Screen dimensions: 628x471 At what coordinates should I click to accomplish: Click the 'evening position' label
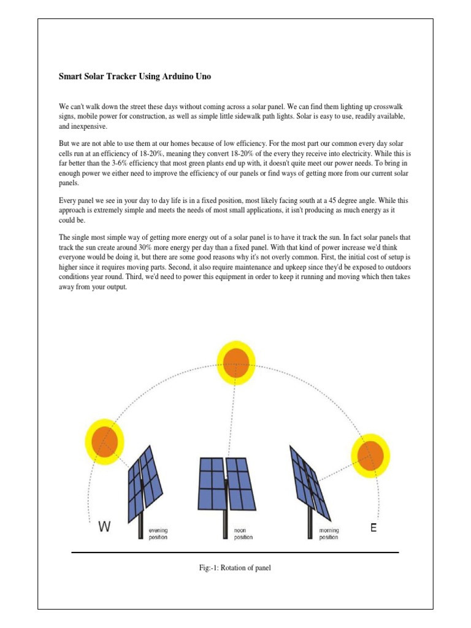click(x=158, y=534)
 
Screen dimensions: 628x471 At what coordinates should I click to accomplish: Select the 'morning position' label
click(x=328, y=534)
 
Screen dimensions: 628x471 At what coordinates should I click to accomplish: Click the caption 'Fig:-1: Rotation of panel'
click(x=235, y=568)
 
